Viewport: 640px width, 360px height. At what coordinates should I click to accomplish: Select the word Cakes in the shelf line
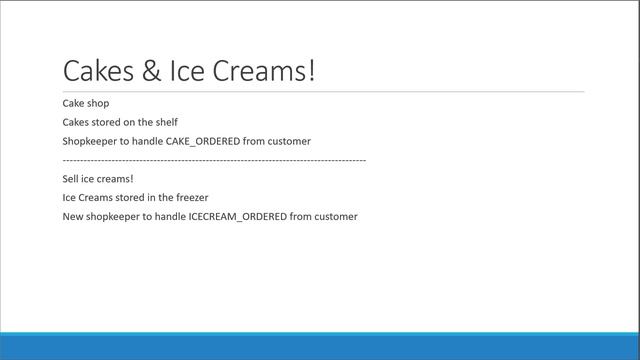tap(76, 122)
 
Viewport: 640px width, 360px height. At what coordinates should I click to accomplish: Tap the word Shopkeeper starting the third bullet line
tap(90, 141)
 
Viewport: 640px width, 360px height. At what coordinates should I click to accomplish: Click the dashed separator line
tap(214, 160)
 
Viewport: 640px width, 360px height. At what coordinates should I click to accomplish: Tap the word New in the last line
tap(73, 217)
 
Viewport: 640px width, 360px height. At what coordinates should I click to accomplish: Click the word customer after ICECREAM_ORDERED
tap(335, 217)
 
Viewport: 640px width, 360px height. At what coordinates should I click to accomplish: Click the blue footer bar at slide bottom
tap(320, 346)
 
